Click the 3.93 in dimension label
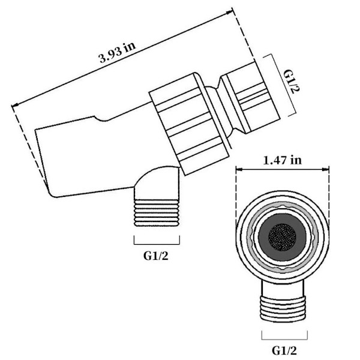pos(118,53)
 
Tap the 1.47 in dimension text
pos(282,160)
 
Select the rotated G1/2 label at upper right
pos(292,81)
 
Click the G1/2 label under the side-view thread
pos(156,256)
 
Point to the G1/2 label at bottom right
pos(284,350)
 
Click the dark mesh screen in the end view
pos(282,237)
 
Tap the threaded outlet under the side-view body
pos(157,213)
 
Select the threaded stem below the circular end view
pos(283,308)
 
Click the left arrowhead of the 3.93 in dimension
pos(15,105)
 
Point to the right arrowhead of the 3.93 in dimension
pos(230,12)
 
